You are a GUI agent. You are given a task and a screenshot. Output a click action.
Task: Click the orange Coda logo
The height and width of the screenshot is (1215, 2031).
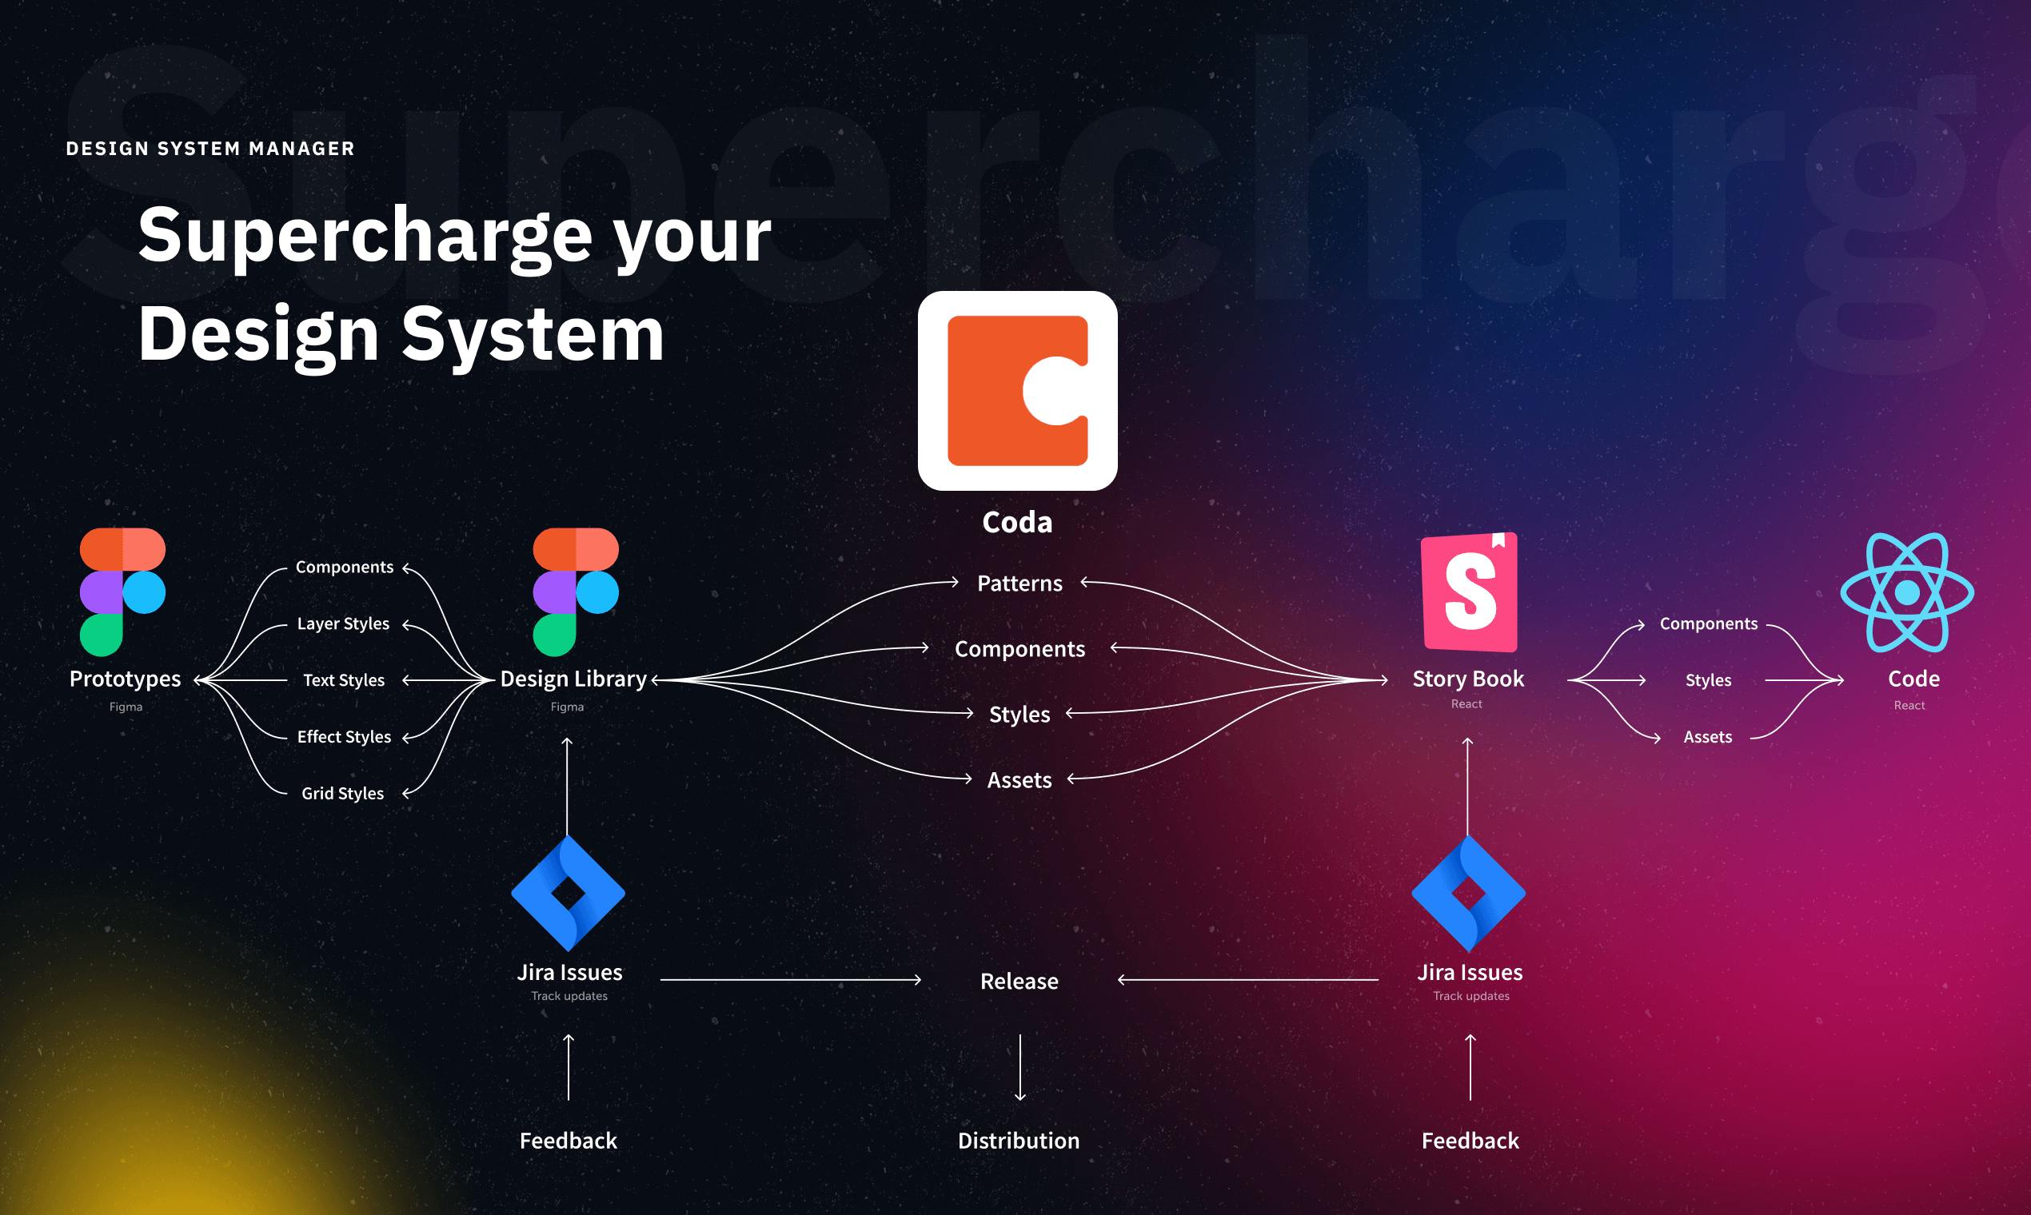pos(1017,391)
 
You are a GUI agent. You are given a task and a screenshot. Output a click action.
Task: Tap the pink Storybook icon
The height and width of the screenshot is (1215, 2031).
pos(1469,592)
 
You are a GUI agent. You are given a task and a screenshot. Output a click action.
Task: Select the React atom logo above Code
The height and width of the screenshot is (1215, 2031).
pos(1907,592)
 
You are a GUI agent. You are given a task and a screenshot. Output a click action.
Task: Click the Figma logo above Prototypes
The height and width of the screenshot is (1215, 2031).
pos(123,592)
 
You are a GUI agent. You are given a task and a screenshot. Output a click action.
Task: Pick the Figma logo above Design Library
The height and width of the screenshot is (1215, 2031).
pos(576,592)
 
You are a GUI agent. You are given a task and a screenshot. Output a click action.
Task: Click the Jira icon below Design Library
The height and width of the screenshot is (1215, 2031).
pos(569,893)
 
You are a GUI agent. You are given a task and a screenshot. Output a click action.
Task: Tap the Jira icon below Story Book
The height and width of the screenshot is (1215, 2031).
pos(1468,893)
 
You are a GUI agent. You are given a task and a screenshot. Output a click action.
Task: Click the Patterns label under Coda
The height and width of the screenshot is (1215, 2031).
pos(1019,583)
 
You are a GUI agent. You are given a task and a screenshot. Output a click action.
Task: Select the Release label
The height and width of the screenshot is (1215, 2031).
pos(1019,981)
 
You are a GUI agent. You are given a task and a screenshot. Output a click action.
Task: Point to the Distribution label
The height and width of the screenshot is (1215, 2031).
pos(1019,1141)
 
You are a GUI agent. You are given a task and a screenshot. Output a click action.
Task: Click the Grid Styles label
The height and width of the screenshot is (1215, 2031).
pos(342,794)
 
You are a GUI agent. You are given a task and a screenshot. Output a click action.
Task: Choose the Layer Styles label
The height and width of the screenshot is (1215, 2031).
pos(343,623)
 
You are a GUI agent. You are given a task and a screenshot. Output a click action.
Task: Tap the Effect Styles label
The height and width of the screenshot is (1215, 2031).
pos(344,737)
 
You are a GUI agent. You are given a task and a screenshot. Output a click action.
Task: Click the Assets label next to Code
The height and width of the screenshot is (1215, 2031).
pos(1707,737)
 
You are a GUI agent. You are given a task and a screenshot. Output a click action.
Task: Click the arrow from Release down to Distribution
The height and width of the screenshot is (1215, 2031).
pos(1019,1067)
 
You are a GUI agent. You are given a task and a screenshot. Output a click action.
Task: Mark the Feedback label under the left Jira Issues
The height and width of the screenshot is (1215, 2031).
pos(569,1141)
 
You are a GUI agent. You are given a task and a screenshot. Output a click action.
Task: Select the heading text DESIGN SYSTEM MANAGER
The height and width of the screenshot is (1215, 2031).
pos(210,148)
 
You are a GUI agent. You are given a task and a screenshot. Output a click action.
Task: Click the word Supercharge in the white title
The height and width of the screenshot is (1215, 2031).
pos(365,236)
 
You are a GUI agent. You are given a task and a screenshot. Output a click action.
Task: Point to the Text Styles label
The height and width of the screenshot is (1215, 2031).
pos(344,680)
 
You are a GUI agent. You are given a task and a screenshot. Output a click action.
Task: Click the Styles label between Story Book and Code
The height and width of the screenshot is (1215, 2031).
pos(1708,680)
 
